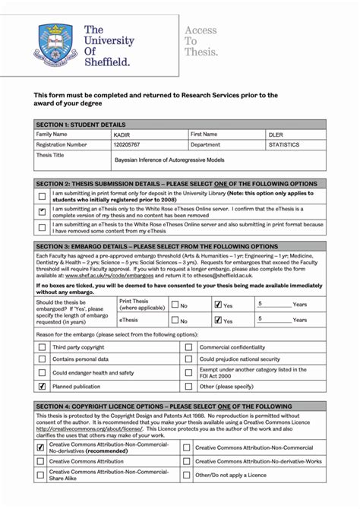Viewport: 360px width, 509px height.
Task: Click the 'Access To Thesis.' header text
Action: coord(201,41)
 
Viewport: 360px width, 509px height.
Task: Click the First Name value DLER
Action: coord(276,134)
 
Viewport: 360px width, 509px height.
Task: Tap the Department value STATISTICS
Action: coord(284,144)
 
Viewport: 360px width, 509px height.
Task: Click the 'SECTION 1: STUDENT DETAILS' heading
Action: coord(81,125)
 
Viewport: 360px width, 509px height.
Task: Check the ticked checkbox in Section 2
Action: coord(42,212)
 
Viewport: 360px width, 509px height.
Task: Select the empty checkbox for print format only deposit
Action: coord(42,196)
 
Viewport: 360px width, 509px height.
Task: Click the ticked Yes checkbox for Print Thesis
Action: coord(218,305)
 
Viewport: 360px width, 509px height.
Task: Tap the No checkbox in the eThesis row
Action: coord(174,321)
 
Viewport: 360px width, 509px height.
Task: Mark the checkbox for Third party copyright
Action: coord(42,347)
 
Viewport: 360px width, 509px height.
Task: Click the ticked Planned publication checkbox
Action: coord(42,386)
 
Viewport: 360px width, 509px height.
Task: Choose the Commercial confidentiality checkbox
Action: coord(188,347)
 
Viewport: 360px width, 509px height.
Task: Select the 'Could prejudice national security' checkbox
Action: coord(188,359)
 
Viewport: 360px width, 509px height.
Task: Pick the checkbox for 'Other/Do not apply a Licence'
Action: coord(188,475)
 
